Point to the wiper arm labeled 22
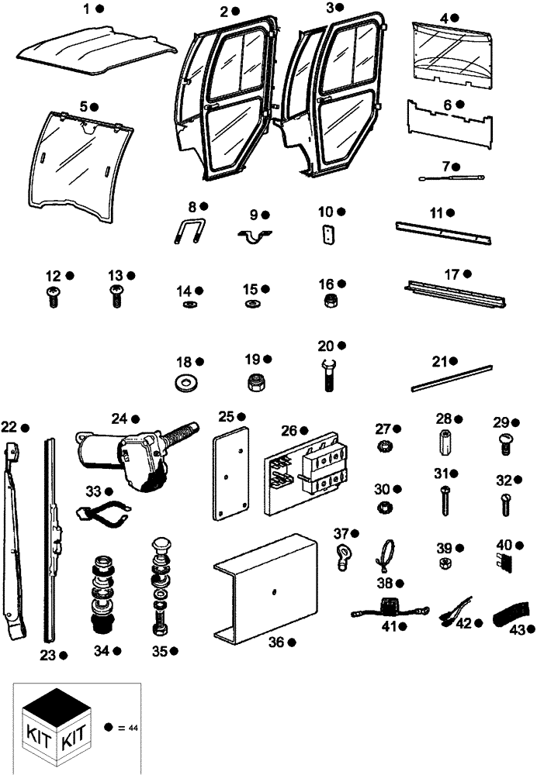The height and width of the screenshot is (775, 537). pos(18,535)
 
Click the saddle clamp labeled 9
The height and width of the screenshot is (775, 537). pos(256,235)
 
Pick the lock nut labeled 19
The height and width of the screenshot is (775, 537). pos(255,382)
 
